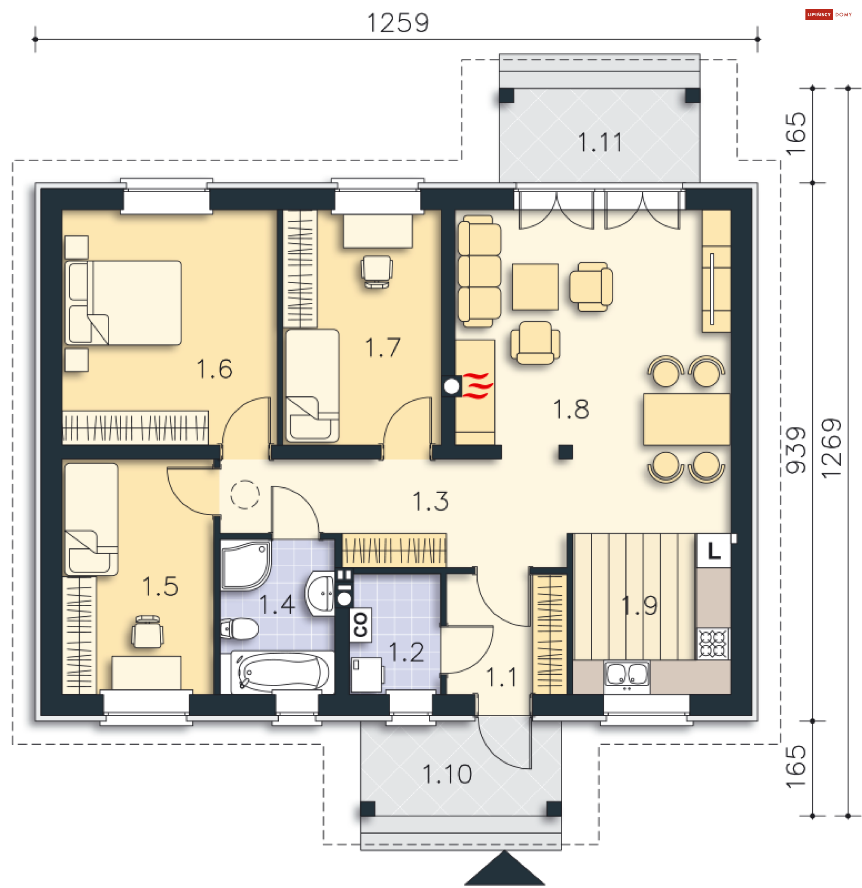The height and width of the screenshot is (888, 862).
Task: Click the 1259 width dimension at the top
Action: [397, 22]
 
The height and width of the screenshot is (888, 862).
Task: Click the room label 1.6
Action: [214, 369]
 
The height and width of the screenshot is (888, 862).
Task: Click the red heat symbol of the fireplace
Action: [478, 385]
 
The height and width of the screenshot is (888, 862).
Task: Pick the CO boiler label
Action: [361, 624]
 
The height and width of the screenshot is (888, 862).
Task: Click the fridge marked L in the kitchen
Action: [713, 551]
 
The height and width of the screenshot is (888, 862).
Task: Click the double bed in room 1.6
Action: [123, 302]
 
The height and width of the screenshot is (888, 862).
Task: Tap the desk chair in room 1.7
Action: [377, 272]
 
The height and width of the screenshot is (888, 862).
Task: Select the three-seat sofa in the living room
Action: [479, 271]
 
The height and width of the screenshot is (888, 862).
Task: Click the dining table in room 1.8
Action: [686, 419]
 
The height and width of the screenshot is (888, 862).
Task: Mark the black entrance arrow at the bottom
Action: [505, 868]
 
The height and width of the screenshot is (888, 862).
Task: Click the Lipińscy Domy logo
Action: [829, 14]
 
